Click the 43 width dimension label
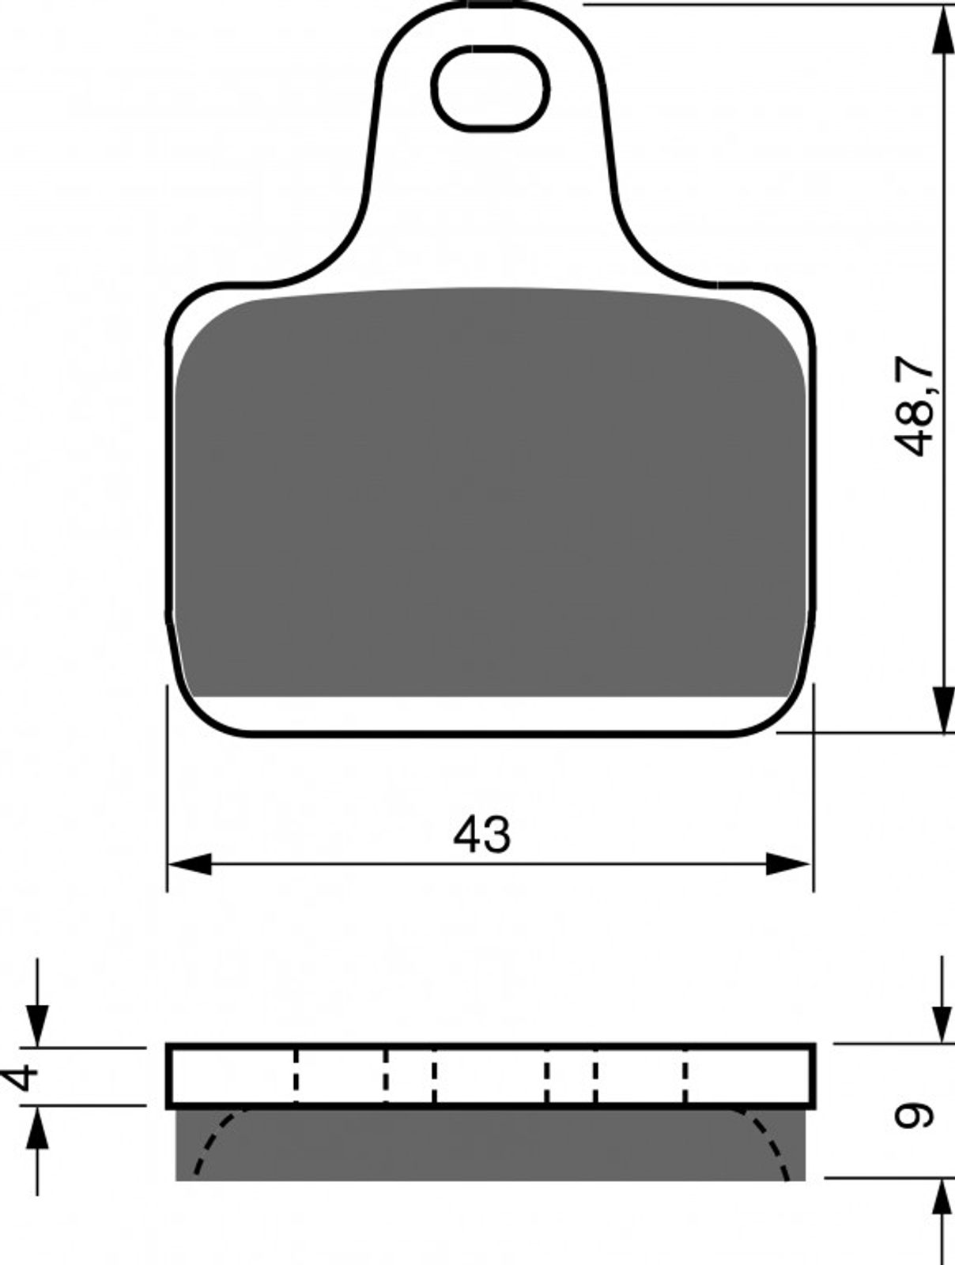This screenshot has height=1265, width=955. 481,835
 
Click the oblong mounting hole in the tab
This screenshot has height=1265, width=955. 490,89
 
